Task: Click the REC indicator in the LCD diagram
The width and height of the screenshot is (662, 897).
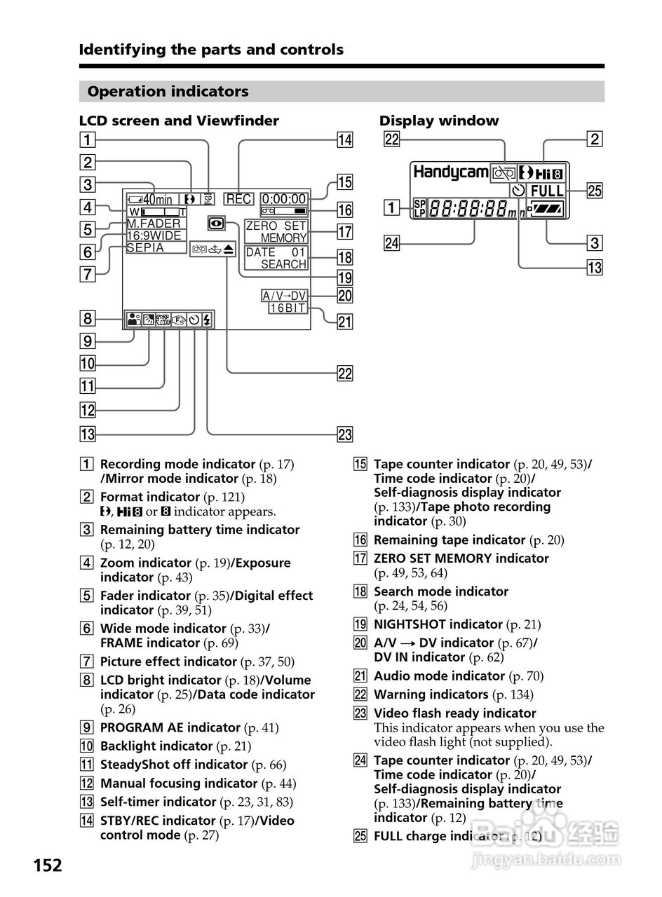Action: [239, 199]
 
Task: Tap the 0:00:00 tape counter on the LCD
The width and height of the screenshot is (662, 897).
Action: [284, 199]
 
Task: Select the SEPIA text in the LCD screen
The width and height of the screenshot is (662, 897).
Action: [146, 247]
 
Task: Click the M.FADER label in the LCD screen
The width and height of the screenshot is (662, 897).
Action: [154, 224]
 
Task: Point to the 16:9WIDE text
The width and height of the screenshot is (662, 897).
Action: [154, 235]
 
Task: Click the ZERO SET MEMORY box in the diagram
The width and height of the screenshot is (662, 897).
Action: [276, 232]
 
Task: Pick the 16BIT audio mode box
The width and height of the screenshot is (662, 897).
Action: [288, 308]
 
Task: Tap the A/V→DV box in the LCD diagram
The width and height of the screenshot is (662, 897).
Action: [284, 296]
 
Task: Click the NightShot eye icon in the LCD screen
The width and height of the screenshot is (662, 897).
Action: [215, 224]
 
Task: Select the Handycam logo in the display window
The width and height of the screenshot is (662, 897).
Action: [451, 172]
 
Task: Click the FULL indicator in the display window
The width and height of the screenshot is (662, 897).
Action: [547, 191]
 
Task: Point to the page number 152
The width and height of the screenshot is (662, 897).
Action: [48, 865]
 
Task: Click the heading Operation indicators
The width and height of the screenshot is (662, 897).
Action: [168, 92]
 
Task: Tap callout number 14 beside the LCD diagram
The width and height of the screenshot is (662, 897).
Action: [344, 139]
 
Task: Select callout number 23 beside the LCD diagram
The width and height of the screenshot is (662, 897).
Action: [344, 434]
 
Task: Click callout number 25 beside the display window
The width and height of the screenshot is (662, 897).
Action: [594, 191]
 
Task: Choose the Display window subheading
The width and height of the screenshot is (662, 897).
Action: [439, 121]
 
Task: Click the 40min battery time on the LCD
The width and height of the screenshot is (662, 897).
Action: [158, 200]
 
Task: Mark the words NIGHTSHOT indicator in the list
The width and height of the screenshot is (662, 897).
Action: [438, 624]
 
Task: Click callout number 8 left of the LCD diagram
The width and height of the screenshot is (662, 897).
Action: [87, 319]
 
